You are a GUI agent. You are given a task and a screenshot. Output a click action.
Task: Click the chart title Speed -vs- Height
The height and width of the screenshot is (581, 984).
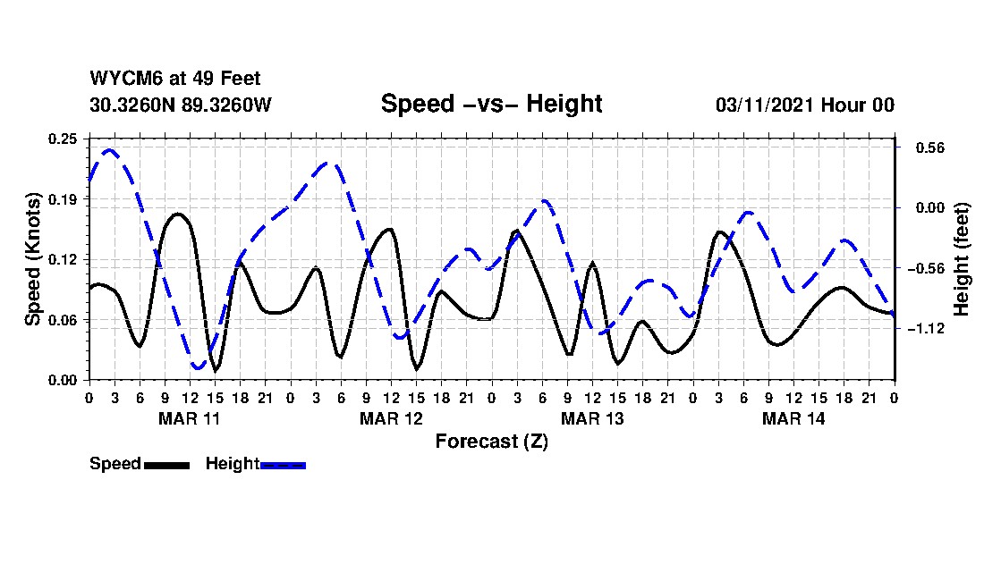[x=491, y=104]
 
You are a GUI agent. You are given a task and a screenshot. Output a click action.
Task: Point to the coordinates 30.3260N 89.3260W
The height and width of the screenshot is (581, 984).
[x=180, y=105]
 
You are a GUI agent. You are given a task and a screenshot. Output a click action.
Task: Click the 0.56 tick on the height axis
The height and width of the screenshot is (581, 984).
[x=920, y=147]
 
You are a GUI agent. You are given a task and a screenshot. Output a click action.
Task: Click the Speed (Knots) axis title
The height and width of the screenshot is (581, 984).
[x=33, y=259]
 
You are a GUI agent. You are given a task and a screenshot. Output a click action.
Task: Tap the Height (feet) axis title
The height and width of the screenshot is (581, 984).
[x=963, y=259]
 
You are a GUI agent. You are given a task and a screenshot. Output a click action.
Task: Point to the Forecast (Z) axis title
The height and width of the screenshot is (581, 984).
[x=491, y=441]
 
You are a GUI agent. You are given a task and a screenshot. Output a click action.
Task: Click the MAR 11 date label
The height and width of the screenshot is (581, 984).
[x=189, y=418]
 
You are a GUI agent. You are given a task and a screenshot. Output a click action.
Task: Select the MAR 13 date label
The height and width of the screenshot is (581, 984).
[x=592, y=418]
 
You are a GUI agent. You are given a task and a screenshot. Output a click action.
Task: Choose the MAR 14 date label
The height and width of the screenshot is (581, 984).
[x=793, y=418]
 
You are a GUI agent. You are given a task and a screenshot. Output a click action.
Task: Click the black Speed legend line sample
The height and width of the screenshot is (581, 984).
[x=166, y=465]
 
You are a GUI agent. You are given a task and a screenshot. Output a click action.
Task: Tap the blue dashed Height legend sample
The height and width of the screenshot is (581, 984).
[x=283, y=465]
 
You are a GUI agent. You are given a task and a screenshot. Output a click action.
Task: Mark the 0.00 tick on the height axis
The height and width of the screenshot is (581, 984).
[x=920, y=207]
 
